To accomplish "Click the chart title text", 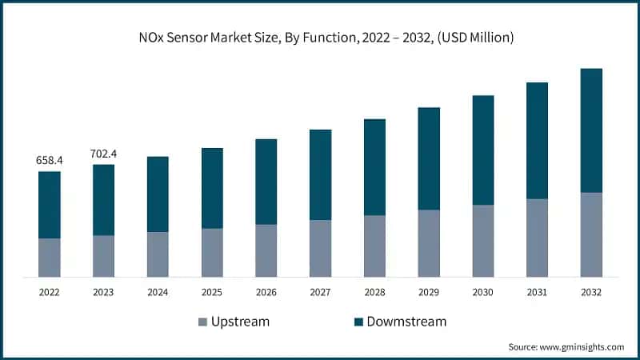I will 320,37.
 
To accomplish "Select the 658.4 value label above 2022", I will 50,160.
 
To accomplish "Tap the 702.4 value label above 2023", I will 103,154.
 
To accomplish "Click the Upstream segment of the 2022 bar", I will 50,257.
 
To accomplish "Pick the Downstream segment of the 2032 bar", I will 591,130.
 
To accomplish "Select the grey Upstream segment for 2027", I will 320,248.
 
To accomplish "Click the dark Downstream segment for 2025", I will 212,188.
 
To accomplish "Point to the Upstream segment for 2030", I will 483,241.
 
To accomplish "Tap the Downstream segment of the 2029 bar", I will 429,158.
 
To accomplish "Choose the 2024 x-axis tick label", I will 158,293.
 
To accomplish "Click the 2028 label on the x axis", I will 374,293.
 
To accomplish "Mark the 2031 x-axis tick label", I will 537,293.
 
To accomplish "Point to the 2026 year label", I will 266,293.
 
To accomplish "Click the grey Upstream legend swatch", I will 202,322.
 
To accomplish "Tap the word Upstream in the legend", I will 240,322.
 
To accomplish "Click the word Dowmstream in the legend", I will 406,322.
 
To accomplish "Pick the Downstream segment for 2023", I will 103,200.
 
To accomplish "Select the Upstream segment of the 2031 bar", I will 537,238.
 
